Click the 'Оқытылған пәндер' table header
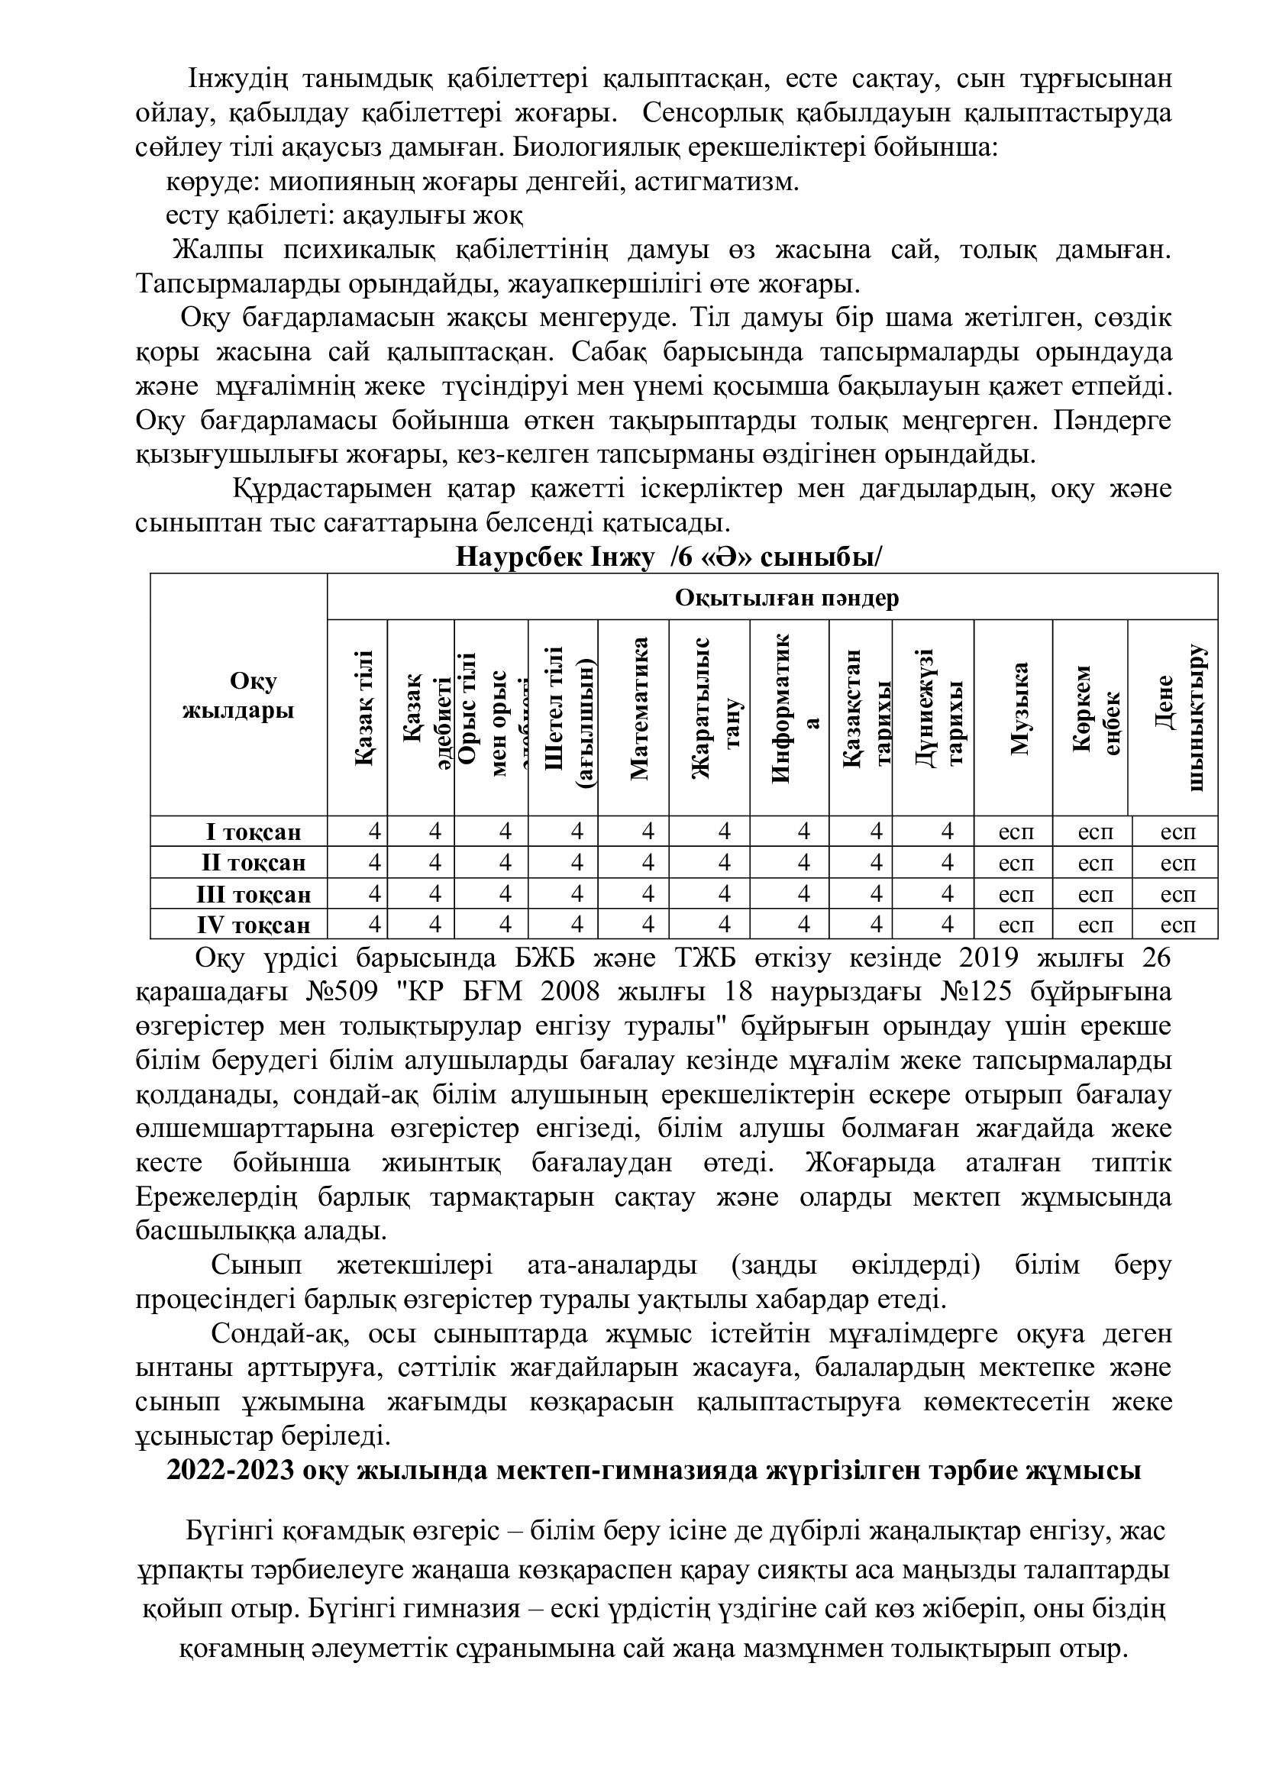pos(787,597)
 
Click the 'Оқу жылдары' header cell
pos(240,696)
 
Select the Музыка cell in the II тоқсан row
pos(1016,863)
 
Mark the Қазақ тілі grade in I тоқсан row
pos(375,832)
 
